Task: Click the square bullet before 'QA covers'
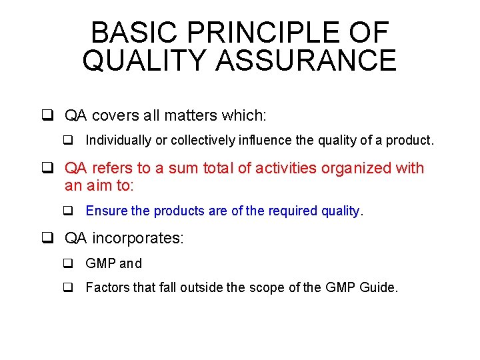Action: pyautogui.click(x=48, y=115)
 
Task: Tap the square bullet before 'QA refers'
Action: pyautogui.click(x=48, y=168)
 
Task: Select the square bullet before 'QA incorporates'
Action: pyautogui.click(x=48, y=238)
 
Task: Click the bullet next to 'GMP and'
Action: pyautogui.click(x=68, y=263)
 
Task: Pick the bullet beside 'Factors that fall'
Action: pyautogui.click(x=68, y=289)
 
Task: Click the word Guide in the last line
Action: pyautogui.click(x=377, y=289)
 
